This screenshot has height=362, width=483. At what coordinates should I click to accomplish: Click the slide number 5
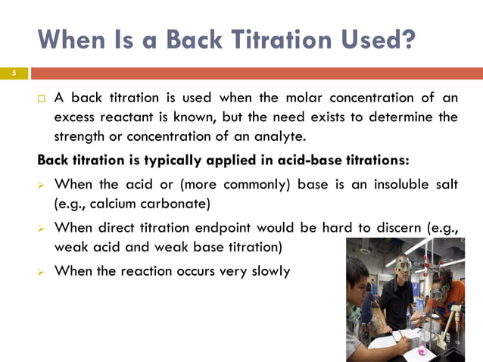coord(13,73)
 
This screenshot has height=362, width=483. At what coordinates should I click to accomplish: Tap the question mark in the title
coord(407,38)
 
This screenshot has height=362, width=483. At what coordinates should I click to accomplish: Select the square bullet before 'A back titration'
coord(41,99)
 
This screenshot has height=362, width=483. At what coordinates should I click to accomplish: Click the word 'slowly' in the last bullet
coord(268,270)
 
